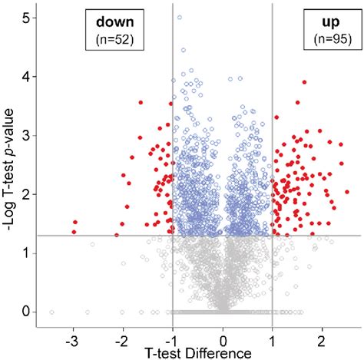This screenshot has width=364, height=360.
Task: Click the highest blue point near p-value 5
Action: tap(180, 17)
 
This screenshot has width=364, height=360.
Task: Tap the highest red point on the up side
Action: tap(305, 82)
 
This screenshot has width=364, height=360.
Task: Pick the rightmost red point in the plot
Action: tap(347, 192)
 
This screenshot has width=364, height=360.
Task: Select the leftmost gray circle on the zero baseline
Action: tap(52, 312)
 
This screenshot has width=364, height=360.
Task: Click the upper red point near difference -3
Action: tap(74, 222)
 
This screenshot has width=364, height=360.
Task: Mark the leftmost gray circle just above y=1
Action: tap(92, 245)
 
